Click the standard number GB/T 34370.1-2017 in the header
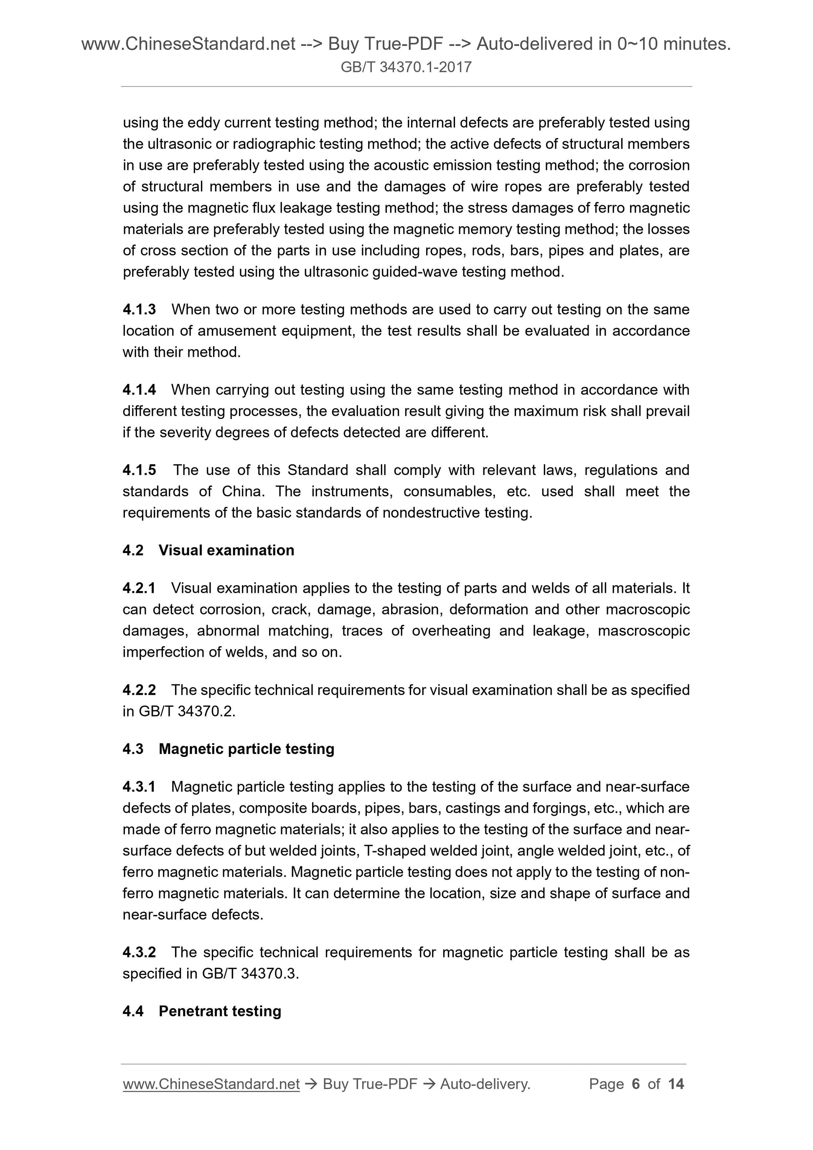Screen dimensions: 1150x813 (x=406, y=67)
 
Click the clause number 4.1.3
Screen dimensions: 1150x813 (x=139, y=310)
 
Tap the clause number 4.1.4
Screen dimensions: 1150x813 (x=139, y=390)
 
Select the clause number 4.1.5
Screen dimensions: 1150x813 (x=139, y=470)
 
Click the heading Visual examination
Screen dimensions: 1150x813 (x=226, y=550)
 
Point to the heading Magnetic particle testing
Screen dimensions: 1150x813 (x=246, y=749)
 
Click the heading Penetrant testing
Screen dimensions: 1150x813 (x=219, y=1011)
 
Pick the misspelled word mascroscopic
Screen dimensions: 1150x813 (x=644, y=631)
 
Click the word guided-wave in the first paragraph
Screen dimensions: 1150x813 (x=413, y=272)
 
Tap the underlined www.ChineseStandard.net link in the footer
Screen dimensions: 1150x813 (x=211, y=1084)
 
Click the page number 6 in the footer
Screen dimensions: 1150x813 (x=636, y=1084)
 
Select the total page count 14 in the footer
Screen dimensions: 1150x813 (x=676, y=1084)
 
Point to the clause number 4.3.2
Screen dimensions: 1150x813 (x=139, y=952)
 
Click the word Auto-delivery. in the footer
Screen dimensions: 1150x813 (x=485, y=1084)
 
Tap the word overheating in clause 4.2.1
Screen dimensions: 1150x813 (x=451, y=631)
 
